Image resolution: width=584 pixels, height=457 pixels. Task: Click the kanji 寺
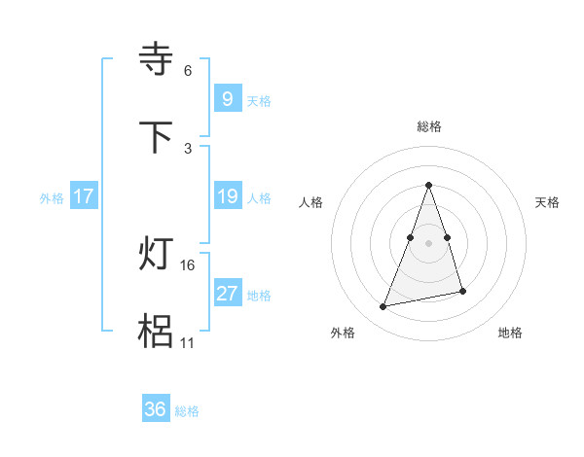click(157, 59)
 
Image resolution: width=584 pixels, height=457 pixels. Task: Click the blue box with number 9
click(227, 98)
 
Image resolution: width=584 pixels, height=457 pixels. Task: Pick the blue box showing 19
click(227, 196)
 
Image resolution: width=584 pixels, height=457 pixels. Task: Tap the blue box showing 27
click(227, 294)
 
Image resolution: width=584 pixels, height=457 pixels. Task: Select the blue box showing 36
click(155, 409)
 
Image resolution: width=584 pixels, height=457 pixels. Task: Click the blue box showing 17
click(84, 196)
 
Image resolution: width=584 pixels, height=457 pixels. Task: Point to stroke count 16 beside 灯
click(189, 264)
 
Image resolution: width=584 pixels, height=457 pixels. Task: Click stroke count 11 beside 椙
click(188, 343)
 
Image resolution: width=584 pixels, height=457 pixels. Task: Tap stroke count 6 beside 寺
click(188, 71)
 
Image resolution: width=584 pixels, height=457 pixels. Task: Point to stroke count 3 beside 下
click(188, 148)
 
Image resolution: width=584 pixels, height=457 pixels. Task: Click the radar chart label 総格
click(429, 126)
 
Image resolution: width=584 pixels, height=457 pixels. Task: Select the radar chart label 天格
click(548, 202)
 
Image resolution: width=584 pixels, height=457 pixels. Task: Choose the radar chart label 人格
click(311, 202)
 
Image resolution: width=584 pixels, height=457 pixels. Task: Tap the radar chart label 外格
click(343, 334)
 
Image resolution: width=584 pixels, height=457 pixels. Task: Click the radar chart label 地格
click(510, 334)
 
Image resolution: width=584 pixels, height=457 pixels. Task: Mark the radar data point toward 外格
click(383, 307)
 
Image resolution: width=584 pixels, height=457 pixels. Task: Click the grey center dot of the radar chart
click(429, 241)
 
